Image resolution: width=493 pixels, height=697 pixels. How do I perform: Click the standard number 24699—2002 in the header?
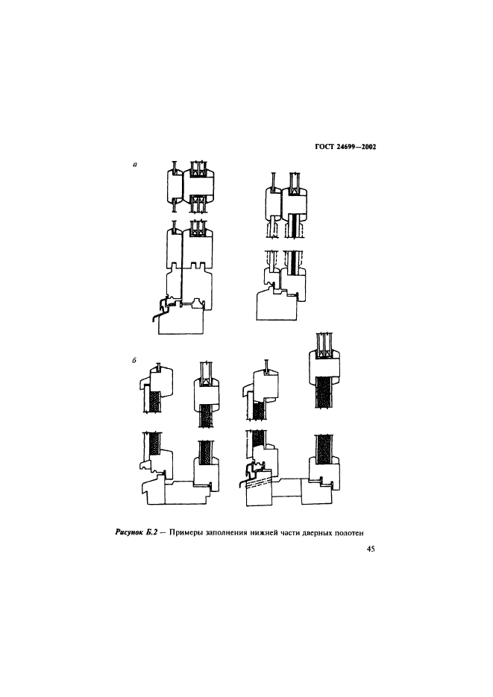click(x=357, y=147)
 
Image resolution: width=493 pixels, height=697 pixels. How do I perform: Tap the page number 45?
click(x=371, y=549)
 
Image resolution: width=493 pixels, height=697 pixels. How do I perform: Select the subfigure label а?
click(x=135, y=165)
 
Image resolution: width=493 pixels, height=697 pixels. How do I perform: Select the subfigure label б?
click(x=134, y=361)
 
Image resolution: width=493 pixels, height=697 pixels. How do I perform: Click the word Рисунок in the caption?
click(x=129, y=532)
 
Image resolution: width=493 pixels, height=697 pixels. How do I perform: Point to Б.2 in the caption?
click(x=152, y=532)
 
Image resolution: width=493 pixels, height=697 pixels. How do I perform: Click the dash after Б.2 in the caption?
click(x=164, y=532)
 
